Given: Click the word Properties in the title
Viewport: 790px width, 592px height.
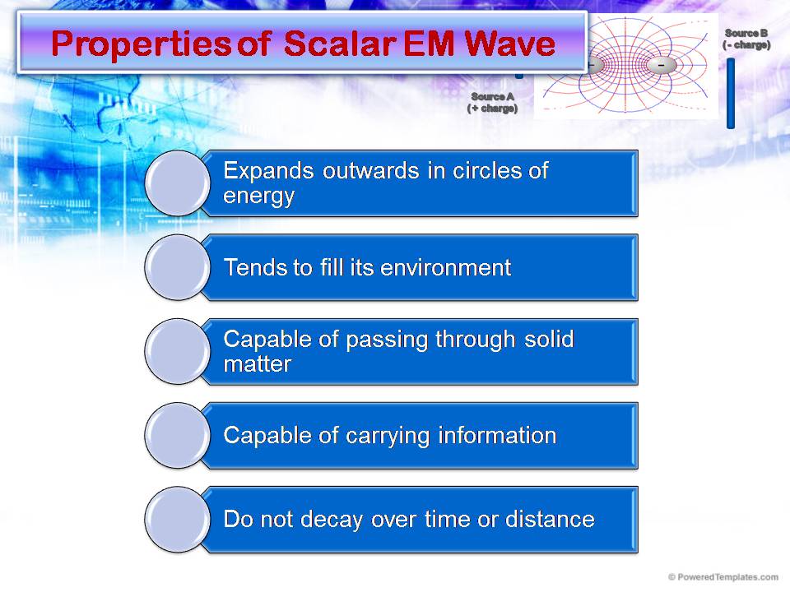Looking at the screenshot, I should [141, 44].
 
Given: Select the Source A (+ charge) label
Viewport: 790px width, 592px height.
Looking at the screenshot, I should [492, 102].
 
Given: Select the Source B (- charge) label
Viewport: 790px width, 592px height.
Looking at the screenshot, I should [746, 39].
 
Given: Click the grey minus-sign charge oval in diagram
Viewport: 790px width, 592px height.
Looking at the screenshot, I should [661, 65].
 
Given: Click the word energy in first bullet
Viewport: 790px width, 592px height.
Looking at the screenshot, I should [258, 197].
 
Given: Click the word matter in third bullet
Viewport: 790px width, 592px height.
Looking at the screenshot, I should [257, 364].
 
